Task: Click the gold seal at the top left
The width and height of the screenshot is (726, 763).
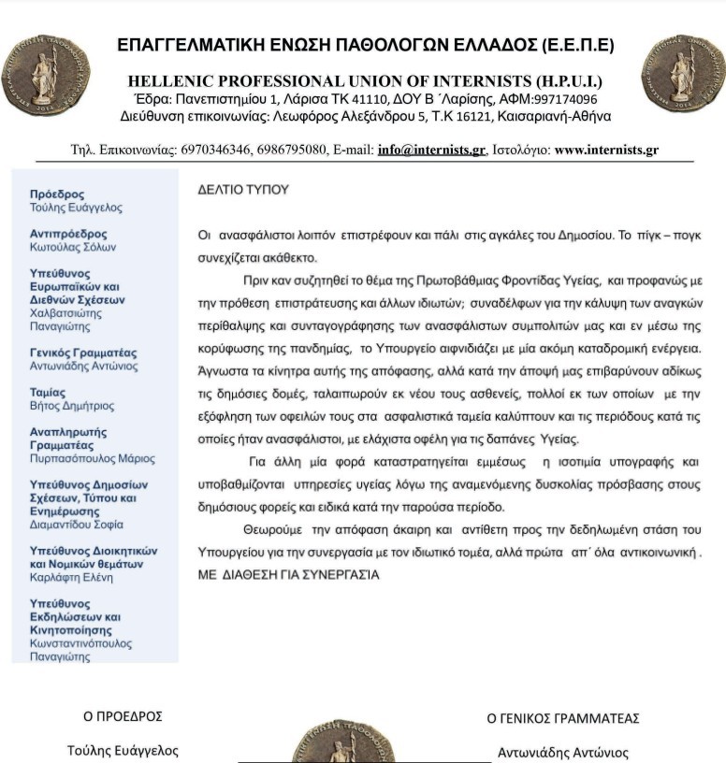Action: pyautogui.click(x=45, y=74)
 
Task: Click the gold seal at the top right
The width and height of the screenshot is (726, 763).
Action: pyautogui.click(x=683, y=74)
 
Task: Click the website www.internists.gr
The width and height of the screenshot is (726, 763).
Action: pyautogui.click(x=606, y=150)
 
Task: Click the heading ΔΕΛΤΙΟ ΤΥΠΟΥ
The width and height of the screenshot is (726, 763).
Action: pyautogui.click(x=243, y=190)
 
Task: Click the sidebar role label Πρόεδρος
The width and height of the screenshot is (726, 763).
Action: pyautogui.click(x=57, y=194)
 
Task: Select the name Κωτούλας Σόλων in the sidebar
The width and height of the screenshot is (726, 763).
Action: pyautogui.click(x=73, y=247)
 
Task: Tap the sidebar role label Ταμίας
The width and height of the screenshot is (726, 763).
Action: pyautogui.click(x=49, y=393)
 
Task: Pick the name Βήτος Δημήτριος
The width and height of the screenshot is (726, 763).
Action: pyautogui.click(x=72, y=407)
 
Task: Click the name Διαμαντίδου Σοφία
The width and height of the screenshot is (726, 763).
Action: pyautogui.click(x=81, y=525)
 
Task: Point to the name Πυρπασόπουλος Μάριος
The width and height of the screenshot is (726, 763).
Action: pyautogui.click(x=93, y=459)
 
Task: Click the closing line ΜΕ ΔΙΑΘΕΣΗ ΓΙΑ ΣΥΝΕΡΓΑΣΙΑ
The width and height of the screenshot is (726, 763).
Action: pyautogui.click(x=288, y=574)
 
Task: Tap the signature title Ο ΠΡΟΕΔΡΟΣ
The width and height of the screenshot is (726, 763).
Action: pyautogui.click(x=123, y=717)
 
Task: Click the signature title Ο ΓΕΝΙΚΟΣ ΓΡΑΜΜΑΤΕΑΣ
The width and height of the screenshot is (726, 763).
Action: pyautogui.click(x=563, y=718)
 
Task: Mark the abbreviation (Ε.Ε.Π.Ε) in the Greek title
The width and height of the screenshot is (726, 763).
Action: pyautogui.click(x=577, y=45)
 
